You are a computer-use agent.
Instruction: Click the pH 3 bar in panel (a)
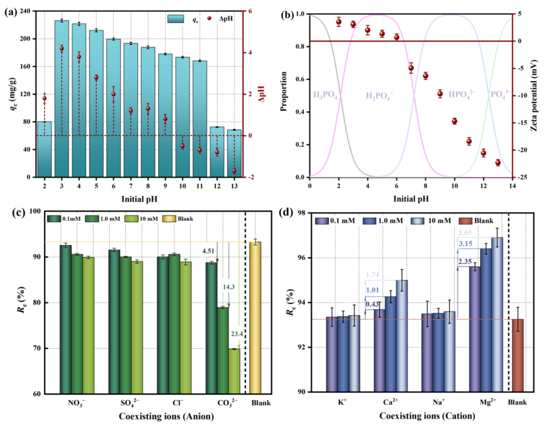coord(61,100)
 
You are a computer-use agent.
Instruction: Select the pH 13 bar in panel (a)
coord(234,153)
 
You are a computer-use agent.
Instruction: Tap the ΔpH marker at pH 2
coord(45,98)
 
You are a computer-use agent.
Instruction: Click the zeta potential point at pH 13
coord(498,163)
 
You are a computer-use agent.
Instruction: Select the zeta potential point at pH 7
coord(411,68)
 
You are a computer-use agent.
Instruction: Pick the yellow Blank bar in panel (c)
coord(255,318)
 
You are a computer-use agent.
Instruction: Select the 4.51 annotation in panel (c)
coord(208,251)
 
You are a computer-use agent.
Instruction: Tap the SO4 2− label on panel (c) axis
coord(130,403)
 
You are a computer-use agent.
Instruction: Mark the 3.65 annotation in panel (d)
coord(465,233)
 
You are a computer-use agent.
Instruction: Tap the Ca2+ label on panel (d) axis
coord(390,402)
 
